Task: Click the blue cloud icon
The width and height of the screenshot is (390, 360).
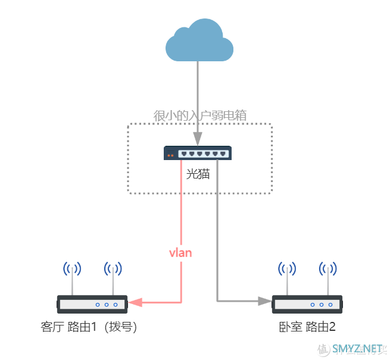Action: [198, 40]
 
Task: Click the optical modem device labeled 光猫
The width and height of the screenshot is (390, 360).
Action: [198, 154]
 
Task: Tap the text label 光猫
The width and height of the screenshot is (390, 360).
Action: [198, 174]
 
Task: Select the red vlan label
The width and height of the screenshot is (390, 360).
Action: [180, 252]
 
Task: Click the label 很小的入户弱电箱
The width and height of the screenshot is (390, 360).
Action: [200, 116]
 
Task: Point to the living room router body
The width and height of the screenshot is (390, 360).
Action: [92, 304]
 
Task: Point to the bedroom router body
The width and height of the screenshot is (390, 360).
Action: [307, 304]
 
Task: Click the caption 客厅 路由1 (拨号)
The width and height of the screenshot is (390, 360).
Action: [93, 327]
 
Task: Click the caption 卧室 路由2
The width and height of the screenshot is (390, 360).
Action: [307, 327]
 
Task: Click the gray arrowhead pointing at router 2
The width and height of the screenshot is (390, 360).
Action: [264, 301]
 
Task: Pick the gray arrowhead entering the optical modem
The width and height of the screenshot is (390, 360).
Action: [197, 140]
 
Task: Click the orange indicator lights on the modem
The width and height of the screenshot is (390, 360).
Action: [171, 155]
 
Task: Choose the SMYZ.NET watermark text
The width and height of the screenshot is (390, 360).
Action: [357, 348]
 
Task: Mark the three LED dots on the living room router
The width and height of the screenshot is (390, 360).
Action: [107, 304]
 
